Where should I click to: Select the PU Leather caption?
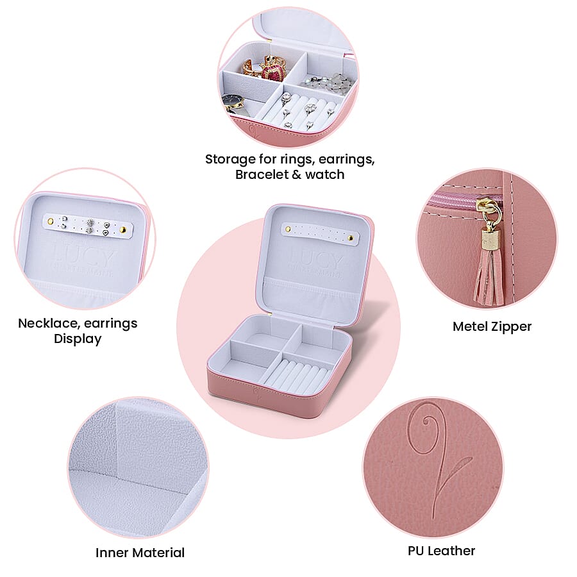click(x=441, y=551)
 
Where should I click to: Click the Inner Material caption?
click(x=140, y=553)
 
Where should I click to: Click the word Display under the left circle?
click(x=78, y=339)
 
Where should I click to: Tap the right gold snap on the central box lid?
click(x=351, y=238)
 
